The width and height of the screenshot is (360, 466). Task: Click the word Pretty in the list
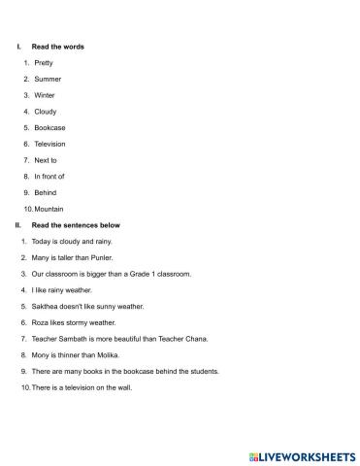point(44,62)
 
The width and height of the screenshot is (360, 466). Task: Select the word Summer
point(47,79)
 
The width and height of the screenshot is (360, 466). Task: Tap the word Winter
point(45,95)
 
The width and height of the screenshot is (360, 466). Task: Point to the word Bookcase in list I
point(49,127)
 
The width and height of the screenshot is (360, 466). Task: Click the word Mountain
point(49,209)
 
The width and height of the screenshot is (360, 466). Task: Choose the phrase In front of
point(49,176)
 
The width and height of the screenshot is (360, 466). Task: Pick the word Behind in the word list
point(46,192)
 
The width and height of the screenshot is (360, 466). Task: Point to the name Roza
point(42,322)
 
